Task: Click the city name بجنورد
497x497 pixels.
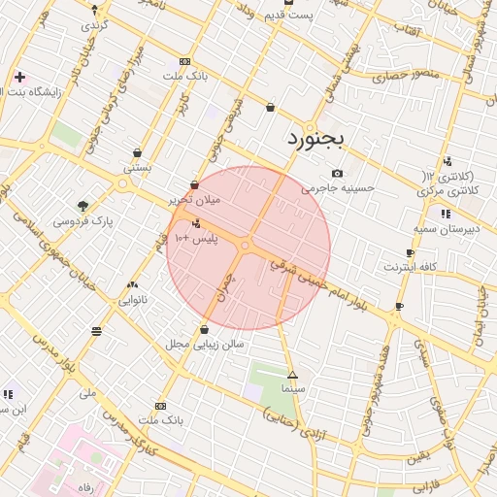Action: click(315, 138)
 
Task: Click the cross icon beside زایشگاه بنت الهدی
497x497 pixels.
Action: click(19, 76)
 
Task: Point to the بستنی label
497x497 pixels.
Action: click(136, 168)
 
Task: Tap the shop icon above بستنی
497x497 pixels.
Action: click(138, 152)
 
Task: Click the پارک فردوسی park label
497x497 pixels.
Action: click(83, 221)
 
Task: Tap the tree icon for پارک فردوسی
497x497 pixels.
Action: click(83, 206)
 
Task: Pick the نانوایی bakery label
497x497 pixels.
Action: click(133, 300)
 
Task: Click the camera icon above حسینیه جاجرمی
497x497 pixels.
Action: click(337, 173)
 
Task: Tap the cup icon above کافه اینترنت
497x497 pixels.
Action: click(412, 252)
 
